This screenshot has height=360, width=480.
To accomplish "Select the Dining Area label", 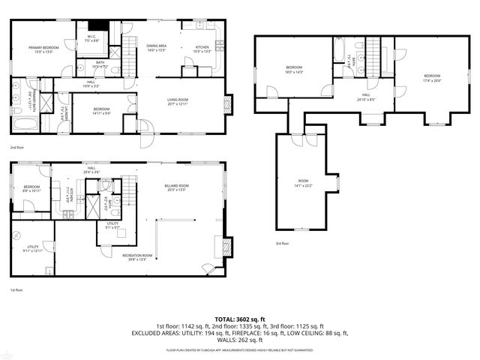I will (x=156, y=49).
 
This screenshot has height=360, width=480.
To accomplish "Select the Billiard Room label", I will (x=177, y=187).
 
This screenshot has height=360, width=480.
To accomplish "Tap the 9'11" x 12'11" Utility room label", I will (x=33, y=248).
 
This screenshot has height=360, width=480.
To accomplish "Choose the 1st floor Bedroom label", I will (x=31, y=189).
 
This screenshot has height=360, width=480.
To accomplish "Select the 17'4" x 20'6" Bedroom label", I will (x=432, y=77).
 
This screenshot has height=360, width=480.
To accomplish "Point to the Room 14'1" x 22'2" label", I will (x=303, y=183).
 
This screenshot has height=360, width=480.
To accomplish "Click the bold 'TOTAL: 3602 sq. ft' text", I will (x=240, y=319).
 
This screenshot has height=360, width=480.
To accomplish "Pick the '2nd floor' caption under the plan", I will (x=17, y=148).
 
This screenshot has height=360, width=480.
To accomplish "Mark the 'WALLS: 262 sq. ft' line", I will (x=240, y=339).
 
